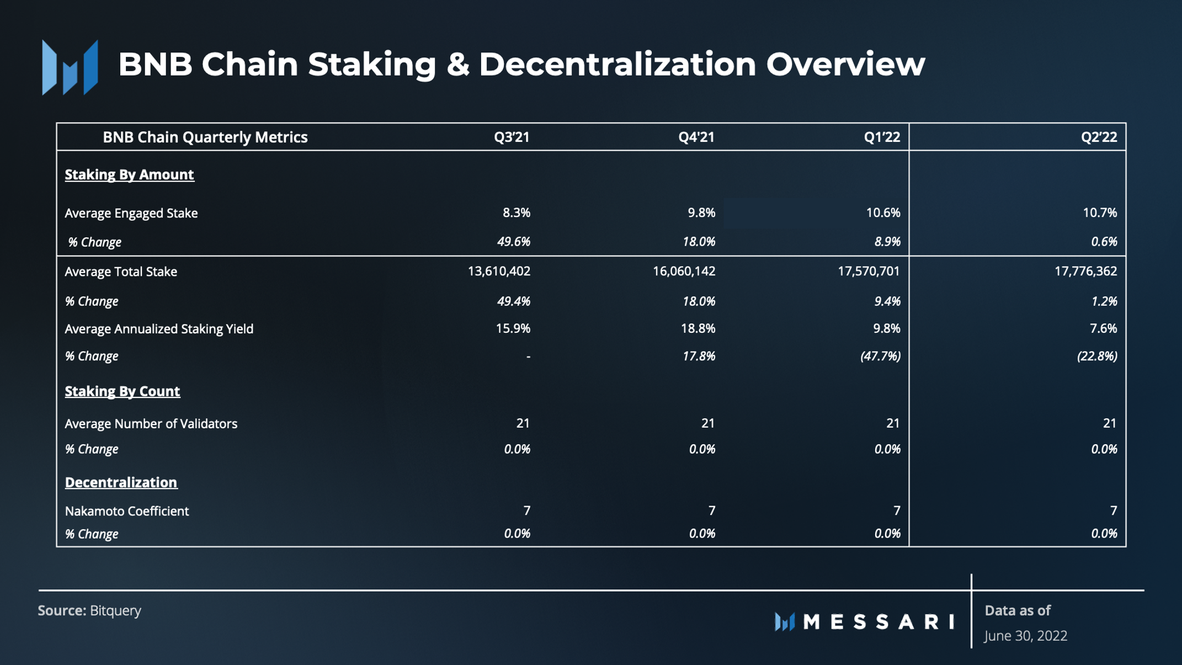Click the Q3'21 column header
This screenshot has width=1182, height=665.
tap(512, 137)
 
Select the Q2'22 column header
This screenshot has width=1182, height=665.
tap(1099, 137)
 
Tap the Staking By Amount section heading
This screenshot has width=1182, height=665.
tap(129, 174)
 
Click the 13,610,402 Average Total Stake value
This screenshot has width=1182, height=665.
tap(499, 271)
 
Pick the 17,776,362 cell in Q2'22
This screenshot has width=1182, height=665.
tap(1085, 271)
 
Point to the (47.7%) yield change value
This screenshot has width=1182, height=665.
tap(880, 356)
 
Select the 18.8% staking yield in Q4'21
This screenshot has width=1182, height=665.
tap(698, 328)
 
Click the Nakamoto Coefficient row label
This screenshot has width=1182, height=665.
tap(127, 511)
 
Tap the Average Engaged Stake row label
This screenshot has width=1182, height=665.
tap(131, 213)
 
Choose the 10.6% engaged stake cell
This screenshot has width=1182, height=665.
tap(883, 212)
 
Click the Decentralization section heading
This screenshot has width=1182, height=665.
tap(121, 482)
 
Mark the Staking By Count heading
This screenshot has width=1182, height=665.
tap(122, 391)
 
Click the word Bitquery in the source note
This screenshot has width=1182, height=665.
tap(115, 610)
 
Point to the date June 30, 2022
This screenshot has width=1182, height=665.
tap(1026, 636)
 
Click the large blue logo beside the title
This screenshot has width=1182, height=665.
tap(70, 67)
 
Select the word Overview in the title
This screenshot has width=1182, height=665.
tap(845, 64)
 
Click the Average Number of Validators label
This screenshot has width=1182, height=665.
tap(151, 424)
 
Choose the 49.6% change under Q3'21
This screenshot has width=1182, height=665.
tap(513, 242)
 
